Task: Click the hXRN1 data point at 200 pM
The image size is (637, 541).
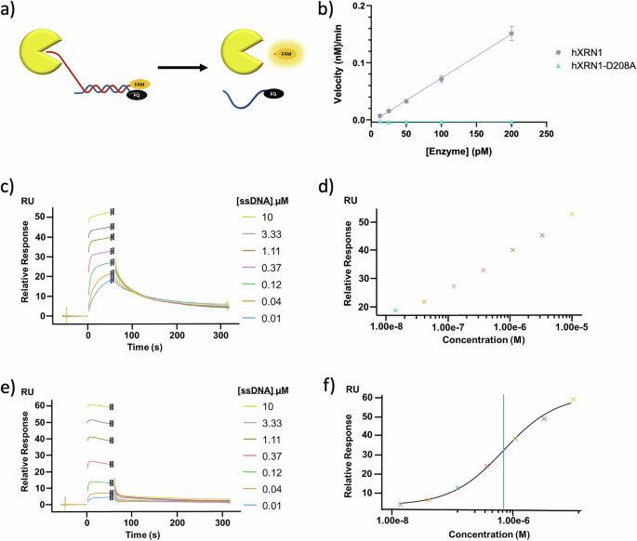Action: [511, 33]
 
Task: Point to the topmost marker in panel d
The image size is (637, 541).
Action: [573, 214]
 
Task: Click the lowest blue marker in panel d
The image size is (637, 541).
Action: [395, 310]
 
